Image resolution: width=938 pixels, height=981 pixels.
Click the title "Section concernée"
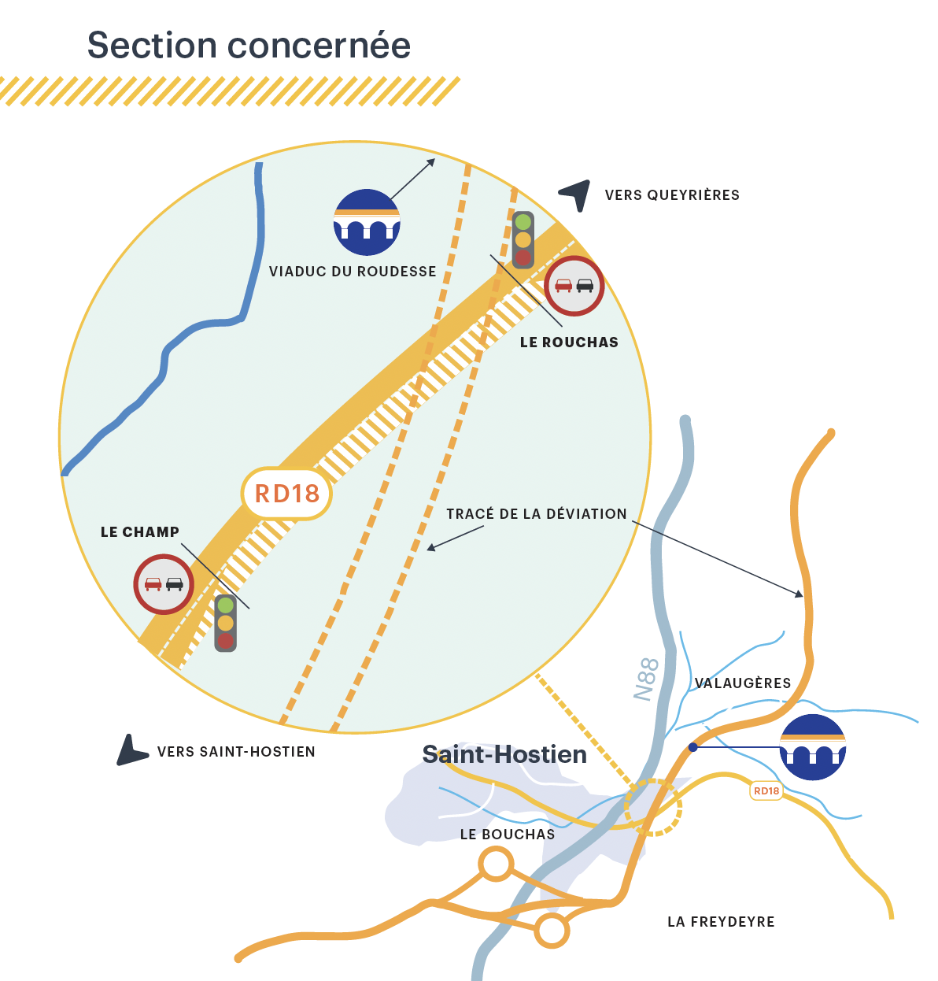pyautogui.click(x=249, y=46)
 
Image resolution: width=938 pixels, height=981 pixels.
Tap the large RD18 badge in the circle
pyautogui.click(x=287, y=494)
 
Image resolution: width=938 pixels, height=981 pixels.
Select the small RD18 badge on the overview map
pyautogui.click(x=766, y=790)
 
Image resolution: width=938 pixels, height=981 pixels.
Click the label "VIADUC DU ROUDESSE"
pyautogui.click(x=353, y=272)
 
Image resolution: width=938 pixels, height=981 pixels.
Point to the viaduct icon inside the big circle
pyautogui.click(x=367, y=222)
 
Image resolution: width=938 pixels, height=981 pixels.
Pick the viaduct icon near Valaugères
pyautogui.click(x=813, y=747)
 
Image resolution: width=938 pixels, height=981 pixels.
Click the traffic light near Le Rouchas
pyautogui.click(x=523, y=239)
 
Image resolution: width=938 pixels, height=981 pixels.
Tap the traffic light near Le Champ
pyautogui.click(x=226, y=623)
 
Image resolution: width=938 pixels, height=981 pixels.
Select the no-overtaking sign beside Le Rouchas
pyautogui.click(x=574, y=286)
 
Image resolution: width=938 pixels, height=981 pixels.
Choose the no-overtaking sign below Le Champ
pyautogui.click(x=164, y=584)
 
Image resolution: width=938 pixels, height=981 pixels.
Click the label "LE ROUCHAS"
pyautogui.click(x=569, y=342)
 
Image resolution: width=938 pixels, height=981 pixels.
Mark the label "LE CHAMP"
pyautogui.click(x=140, y=532)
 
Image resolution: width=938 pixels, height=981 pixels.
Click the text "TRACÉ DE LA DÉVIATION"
pyautogui.click(x=537, y=514)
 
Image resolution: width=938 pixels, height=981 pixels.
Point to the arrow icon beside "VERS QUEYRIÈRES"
pyautogui.click(x=576, y=194)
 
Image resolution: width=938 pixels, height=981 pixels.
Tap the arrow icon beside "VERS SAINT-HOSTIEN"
pyautogui.click(x=131, y=751)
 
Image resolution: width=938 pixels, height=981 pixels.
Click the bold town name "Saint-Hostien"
pyautogui.click(x=504, y=754)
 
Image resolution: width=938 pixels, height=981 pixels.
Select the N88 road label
pyautogui.click(x=646, y=679)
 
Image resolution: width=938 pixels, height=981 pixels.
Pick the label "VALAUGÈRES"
pyautogui.click(x=743, y=683)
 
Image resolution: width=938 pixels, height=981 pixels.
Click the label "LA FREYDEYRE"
pyautogui.click(x=721, y=922)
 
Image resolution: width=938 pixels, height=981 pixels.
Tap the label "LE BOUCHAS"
pyautogui.click(x=508, y=835)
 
